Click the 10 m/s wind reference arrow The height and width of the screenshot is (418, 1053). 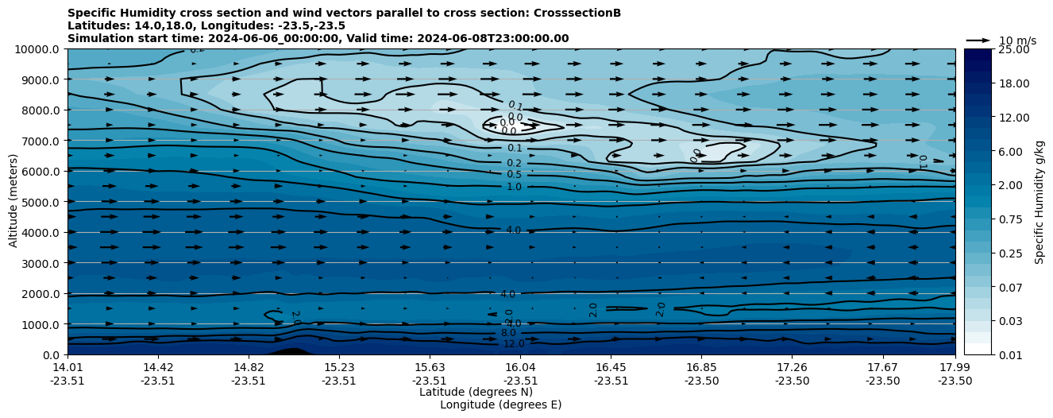[x=978, y=40]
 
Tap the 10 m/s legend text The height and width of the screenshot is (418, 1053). [x=1017, y=41]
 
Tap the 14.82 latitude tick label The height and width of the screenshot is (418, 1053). [x=249, y=367]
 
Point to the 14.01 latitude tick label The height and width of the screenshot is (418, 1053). [x=67, y=367]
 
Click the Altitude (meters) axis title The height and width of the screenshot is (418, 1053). [x=13, y=202]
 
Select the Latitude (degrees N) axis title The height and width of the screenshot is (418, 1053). [x=476, y=392]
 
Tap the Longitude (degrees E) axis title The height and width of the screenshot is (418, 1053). [x=500, y=404]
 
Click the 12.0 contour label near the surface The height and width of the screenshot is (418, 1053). [x=514, y=344]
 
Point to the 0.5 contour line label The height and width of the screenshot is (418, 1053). [x=514, y=175]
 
